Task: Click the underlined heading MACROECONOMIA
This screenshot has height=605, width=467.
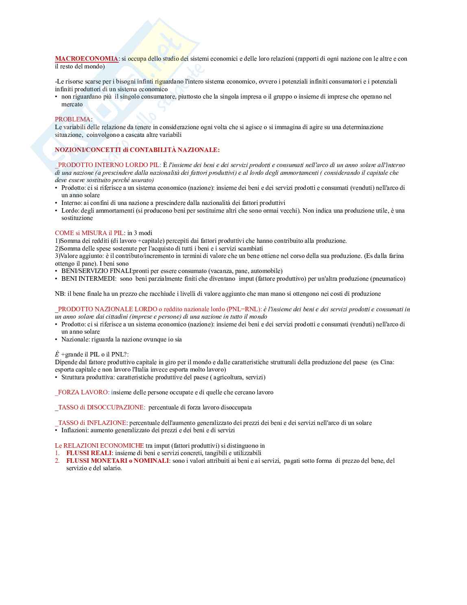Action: [x=87, y=59]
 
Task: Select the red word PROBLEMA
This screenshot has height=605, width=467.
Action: [x=73, y=119]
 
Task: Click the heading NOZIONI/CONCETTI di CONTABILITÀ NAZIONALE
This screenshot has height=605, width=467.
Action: [x=137, y=150]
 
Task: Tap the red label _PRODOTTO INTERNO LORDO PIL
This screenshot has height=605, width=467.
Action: [x=108, y=165]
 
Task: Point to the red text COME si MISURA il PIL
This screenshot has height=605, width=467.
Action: [x=89, y=233]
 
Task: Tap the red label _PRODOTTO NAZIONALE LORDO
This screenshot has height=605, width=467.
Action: [x=106, y=309]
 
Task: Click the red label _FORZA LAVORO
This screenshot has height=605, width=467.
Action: [x=82, y=392]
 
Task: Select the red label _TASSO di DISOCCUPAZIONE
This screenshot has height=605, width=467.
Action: [x=100, y=407]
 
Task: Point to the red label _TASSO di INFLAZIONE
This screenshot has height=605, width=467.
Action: [x=91, y=423]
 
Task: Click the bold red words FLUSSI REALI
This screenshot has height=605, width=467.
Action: [x=89, y=453]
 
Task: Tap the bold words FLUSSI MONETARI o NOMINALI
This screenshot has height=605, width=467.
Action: [x=118, y=461]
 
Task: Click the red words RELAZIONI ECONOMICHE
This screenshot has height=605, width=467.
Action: [x=104, y=446]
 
